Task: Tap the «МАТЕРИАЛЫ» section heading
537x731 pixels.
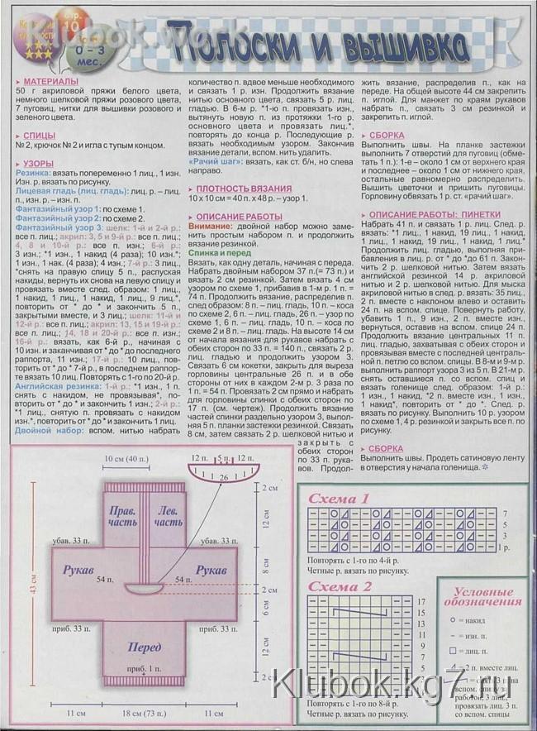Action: (x=52, y=83)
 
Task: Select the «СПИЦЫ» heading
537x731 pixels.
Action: (x=40, y=133)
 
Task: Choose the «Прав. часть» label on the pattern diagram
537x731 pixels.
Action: (x=124, y=517)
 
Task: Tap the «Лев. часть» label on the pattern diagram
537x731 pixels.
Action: (x=169, y=517)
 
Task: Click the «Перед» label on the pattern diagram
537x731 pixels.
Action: (x=145, y=647)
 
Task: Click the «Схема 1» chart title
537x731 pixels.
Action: (x=339, y=499)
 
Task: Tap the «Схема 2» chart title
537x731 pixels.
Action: (x=340, y=587)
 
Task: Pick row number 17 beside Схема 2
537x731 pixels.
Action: (x=421, y=601)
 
